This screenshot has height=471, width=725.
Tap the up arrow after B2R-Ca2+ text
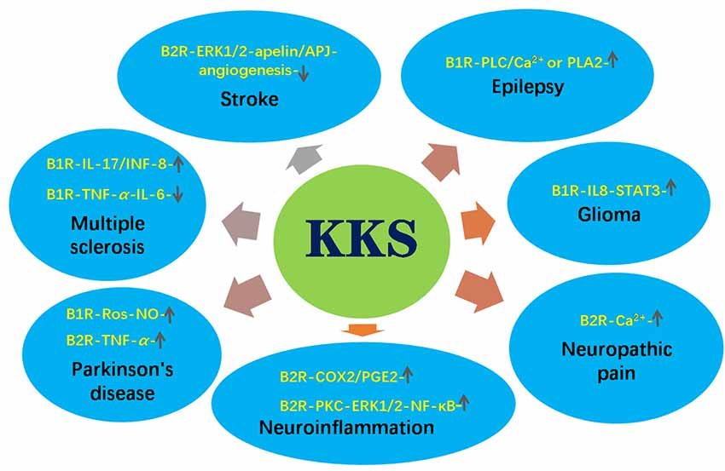[658, 319]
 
